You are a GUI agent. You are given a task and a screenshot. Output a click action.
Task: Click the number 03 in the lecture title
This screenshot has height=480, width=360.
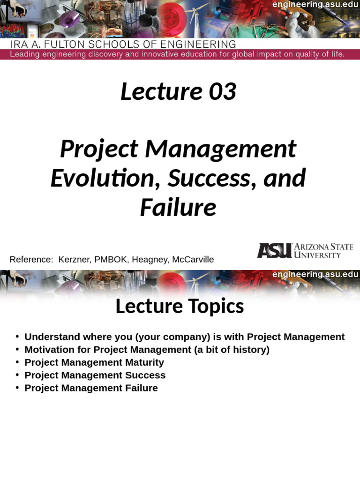223,92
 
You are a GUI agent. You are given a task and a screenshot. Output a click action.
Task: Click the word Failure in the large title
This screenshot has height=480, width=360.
178,208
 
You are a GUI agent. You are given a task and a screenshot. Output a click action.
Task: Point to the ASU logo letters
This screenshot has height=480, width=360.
274,250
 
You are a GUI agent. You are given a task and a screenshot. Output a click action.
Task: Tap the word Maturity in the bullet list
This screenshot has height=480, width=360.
144,362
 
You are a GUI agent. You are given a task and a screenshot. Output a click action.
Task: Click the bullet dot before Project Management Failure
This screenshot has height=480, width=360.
17,388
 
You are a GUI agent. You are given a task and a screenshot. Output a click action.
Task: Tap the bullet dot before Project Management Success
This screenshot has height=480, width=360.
17,375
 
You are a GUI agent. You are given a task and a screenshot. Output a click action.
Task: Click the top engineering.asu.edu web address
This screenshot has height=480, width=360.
315,5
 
